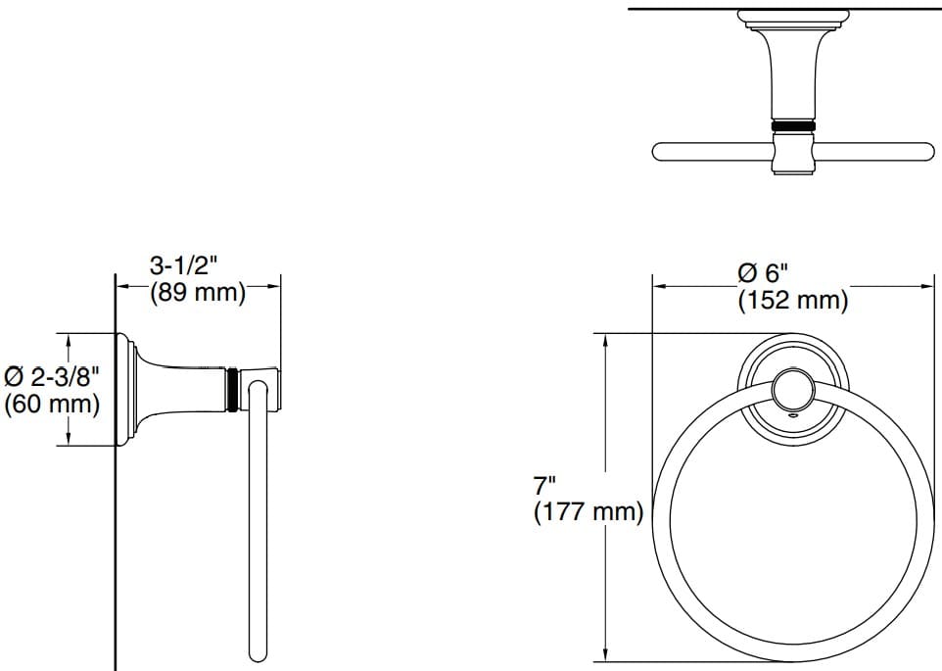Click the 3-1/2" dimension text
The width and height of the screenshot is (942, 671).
[182, 265]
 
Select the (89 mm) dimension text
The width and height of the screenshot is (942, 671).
[197, 292]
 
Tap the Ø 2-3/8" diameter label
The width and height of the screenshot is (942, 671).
[53, 376]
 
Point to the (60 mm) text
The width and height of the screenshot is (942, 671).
[53, 404]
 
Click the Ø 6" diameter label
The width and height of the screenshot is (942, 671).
[763, 272]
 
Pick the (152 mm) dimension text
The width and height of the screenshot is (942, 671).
[792, 300]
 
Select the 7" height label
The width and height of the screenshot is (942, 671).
[545, 484]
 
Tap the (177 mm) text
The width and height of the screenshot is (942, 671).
[588, 511]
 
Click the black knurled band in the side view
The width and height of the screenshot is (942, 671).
[232, 390]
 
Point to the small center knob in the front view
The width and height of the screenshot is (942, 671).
[790, 393]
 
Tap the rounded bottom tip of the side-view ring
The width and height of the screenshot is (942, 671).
[259, 651]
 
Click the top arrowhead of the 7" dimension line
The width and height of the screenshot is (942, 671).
[607, 339]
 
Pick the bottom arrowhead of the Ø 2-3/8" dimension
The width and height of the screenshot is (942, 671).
[68, 441]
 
